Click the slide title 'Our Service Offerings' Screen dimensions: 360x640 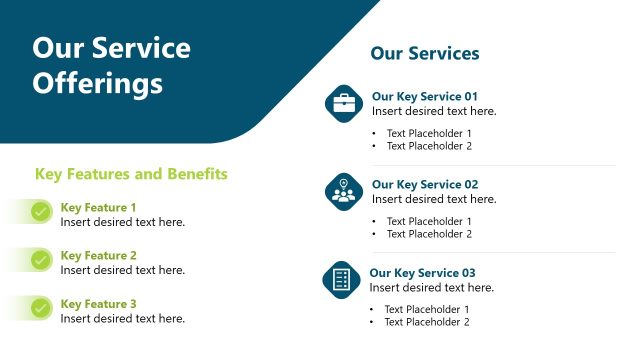(x=111, y=65)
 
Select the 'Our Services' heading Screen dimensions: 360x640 (x=425, y=53)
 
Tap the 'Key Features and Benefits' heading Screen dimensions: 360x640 (x=131, y=174)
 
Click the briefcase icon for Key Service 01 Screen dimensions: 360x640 (x=344, y=103)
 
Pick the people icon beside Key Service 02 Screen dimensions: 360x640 (x=344, y=191)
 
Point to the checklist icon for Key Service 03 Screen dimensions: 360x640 (x=342, y=279)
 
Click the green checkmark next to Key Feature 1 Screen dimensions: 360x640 (x=41, y=212)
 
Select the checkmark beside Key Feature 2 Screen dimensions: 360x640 (x=41, y=260)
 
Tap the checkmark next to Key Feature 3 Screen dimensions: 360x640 (x=41, y=308)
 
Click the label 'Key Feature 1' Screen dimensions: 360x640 (x=99, y=208)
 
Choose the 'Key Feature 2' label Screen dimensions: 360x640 (x=99, y=256)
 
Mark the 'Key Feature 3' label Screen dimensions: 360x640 (x=99, y=304)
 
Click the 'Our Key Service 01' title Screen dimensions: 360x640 (x=425, y=97)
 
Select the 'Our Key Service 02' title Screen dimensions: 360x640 (x=425, y=185)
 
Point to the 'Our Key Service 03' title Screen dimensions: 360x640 (x=423, y=273)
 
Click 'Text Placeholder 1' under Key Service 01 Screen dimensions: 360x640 (x=429, y=133)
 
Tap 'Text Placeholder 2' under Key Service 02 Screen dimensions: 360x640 (x=429, y=234)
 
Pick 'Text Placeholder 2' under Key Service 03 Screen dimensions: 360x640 (x=427, y=322)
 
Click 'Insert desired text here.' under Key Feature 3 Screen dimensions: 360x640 (x=123, y=318)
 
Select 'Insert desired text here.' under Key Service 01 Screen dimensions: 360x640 (x=434, y=111)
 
